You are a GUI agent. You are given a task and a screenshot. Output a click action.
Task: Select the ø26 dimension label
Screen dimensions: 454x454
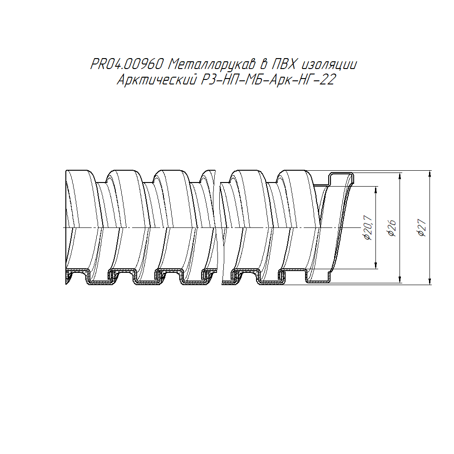(x=392, y=228)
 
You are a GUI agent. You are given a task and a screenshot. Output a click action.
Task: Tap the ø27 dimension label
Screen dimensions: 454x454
(x=422, y=228)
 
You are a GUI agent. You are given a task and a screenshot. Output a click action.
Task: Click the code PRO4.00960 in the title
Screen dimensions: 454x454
(x=127, y=64)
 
